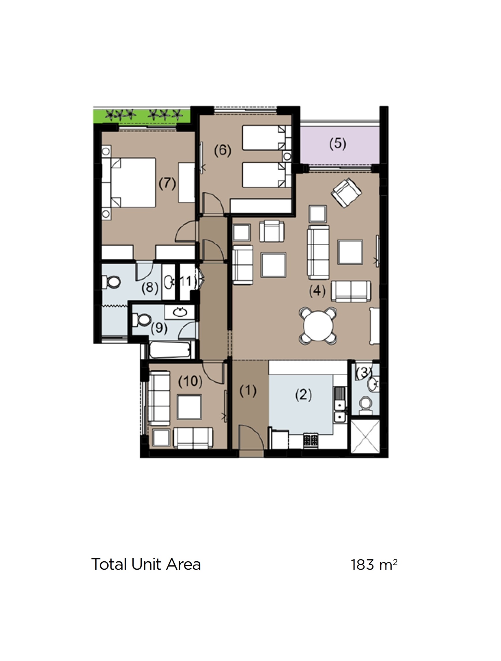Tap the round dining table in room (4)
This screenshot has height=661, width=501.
tap(318, 326)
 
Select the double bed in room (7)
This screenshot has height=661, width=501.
tap(133, 183)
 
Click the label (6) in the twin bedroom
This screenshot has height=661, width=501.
tap(223, 150)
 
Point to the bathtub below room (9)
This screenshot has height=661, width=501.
tap(170, 350)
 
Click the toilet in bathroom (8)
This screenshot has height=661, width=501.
tap(113, 282)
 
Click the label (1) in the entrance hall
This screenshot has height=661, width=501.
tap(248, 391)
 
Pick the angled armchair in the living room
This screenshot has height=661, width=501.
tap(346, 193)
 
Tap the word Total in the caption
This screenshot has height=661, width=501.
tap(110, 564)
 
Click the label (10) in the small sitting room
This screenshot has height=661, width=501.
tap(190, 381)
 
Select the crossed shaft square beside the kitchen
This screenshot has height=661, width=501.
tap(365, 437)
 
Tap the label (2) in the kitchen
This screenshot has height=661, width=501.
tap(303, 395)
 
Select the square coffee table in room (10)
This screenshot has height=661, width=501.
tap(189, 407)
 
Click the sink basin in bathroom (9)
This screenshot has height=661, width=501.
tap(180, 312)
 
